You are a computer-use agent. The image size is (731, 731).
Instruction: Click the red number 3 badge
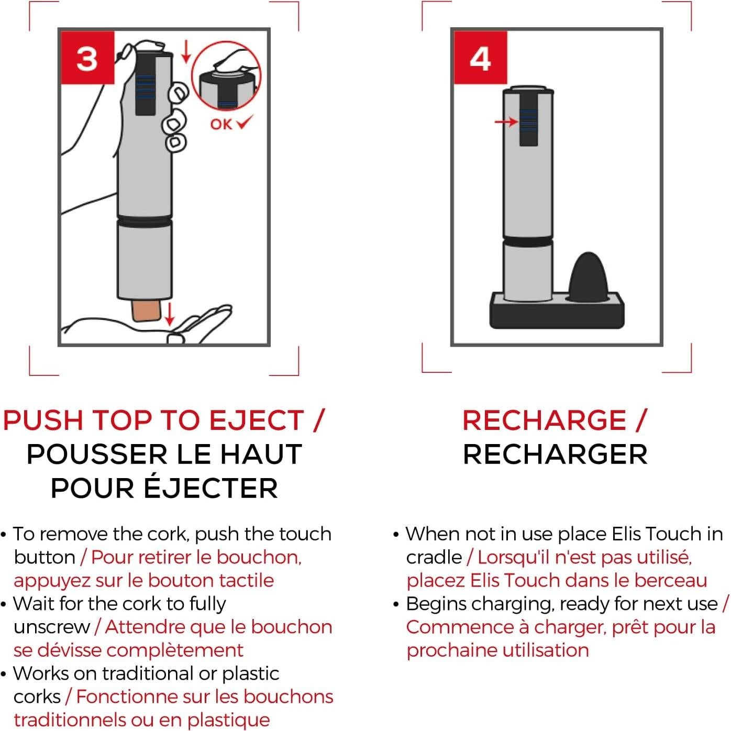tap(87, 58)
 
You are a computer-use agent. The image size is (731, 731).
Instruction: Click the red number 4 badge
tap(480, 58)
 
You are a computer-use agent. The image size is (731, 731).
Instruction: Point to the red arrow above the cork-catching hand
tap(169, 314)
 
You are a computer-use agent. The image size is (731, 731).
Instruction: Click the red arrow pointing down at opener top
tap(185, 52)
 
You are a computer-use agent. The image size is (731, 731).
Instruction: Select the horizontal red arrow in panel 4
tap(506, 122)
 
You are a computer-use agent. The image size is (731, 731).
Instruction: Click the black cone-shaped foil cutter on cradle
tap(589, 277)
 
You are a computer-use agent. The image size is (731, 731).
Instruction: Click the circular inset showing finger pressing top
tap(226, 76)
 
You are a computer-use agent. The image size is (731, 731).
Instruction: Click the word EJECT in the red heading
tap(257, 420)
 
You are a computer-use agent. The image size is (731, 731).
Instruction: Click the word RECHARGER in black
tap(555, 455)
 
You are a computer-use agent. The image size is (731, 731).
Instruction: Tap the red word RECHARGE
tap(545, 420)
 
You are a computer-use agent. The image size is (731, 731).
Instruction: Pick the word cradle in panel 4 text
tap(434, 557)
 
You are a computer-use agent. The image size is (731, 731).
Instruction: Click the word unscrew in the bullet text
tap(52, 627)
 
